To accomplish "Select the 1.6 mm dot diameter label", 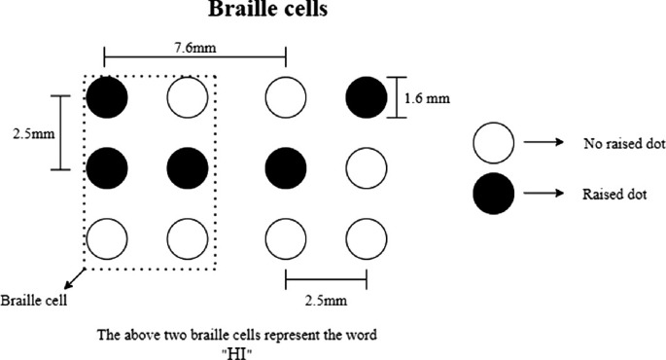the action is pos(431,97).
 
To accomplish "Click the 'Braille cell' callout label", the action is pos(34,300).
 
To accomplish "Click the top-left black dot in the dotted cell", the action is pos(107,96).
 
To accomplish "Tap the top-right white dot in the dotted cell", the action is pos(188,96).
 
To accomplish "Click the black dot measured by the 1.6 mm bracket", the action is pos(367,96).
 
